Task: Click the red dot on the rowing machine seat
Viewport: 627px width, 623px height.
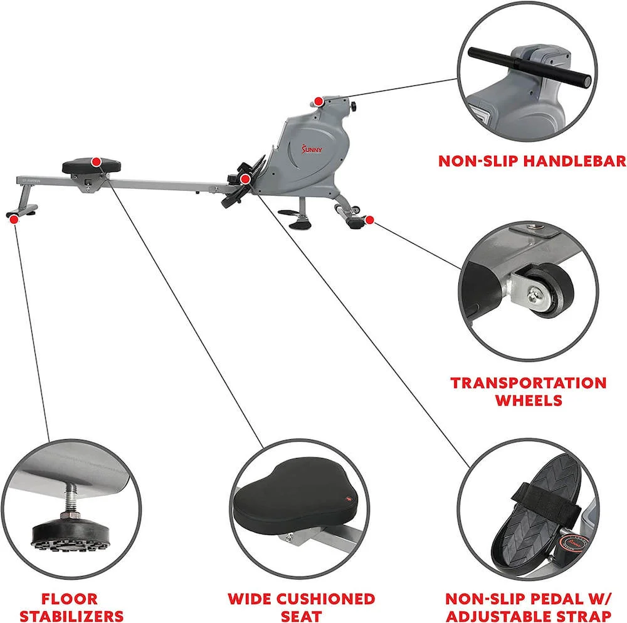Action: click(x=96, y=162)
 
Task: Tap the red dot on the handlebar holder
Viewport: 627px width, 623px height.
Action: click(x=319, y=102)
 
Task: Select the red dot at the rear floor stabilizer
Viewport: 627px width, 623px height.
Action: click(x=13, y=218)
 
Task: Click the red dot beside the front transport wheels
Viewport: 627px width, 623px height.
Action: click(x=370, y=220)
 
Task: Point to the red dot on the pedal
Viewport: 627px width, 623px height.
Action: click(x=246, y=179)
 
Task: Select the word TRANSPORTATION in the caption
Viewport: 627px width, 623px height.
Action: click(x=529, y=383)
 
